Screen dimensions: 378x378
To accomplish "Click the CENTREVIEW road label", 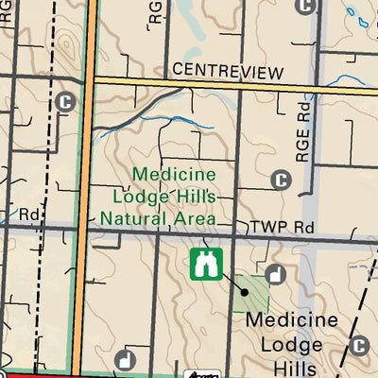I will (x=228, y=71).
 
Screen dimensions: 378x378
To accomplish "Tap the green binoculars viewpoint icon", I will (x=204, y=265).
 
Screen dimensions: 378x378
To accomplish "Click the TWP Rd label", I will (x=281, y=229).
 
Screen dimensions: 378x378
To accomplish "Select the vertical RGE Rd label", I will (x=302, y=131).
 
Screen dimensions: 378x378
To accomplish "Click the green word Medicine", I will (x=175, y=175).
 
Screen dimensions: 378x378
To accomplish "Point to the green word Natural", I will (x=137, y=218).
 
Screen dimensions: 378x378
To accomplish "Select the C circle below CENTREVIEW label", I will (x=281, y=180).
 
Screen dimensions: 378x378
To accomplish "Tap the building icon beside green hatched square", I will (x=274, y=275).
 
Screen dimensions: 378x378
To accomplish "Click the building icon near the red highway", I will (x=125, y=359).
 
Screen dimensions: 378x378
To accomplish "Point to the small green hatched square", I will (x=250, y=294).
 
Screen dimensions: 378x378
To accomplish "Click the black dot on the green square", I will (x=243, y=292).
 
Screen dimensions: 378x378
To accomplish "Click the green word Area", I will (x=193, y=218).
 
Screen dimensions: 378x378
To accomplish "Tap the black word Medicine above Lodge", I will (x=291, y=321).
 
